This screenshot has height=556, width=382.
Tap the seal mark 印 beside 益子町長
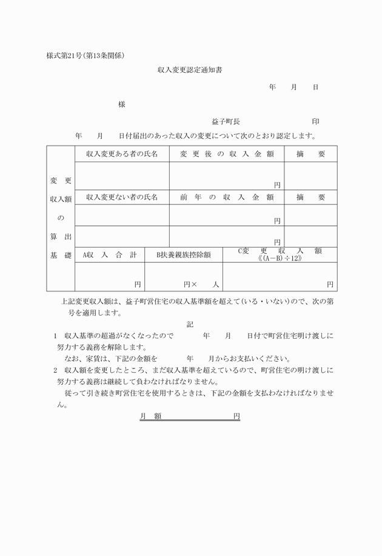315,121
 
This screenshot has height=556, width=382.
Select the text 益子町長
226,121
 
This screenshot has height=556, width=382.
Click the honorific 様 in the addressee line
122,104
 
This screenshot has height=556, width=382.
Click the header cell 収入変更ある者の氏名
122,154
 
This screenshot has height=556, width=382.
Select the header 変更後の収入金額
227,154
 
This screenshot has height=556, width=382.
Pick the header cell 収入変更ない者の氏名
122,197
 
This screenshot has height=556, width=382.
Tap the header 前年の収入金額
227,197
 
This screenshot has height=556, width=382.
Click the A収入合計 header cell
109,255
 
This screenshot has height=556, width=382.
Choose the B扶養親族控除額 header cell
183,255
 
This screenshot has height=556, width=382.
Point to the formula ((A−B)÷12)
280,259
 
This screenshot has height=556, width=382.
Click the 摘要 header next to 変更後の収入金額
310,154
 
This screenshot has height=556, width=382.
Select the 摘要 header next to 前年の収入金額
310,197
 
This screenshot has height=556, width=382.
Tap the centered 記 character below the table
190,324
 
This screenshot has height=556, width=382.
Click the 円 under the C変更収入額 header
330,283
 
